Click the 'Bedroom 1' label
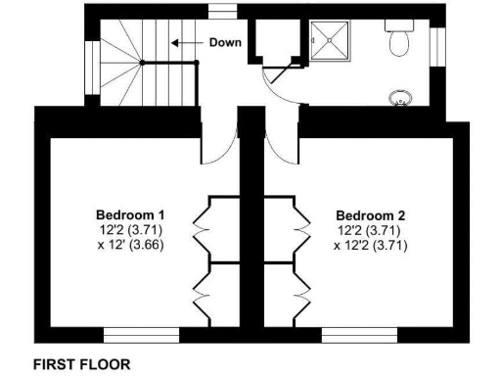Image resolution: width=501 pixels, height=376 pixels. pyautogui.click(x=130, y=215)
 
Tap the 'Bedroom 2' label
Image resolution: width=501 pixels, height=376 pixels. pyautogui.click(x=370, y=215)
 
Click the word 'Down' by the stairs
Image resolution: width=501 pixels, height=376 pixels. pyautogui.click(x=224, y=44)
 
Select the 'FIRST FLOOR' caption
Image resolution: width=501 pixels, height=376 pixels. pyautogui.click(x=81, y=362)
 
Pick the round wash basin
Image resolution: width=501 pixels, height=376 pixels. pyautogui.click(x=401, y=96)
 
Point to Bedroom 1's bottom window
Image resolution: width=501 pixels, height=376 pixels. pyautogui.click(x=140, y=336)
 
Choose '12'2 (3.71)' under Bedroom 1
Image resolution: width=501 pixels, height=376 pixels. pyautogui.click(x=130, y=230)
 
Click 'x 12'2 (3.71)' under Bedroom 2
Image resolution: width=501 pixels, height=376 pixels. pyautogui.click(x=370, y=245)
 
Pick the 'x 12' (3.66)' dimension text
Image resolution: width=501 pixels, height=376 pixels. pyautogui.click(x=130, y=245)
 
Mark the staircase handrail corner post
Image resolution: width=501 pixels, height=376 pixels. pyautogui.click(x=143, y=64)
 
